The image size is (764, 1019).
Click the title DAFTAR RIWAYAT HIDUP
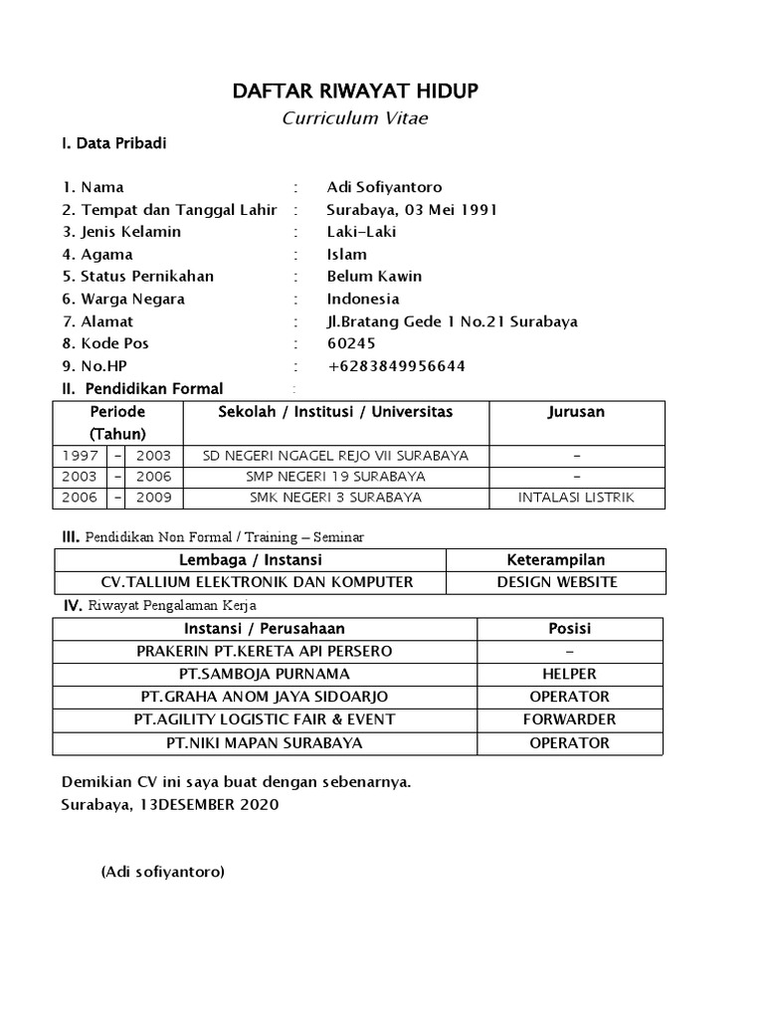point(355,92)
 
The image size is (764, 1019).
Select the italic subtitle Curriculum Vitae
point(355,118)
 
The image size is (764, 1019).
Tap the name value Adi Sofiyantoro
point(384,187)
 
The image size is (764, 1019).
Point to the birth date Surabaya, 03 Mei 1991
point(412,210)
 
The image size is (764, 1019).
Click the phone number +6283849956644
point(396,366)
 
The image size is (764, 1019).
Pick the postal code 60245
point(351,343)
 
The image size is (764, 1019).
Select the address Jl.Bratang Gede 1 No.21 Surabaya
point(452,321)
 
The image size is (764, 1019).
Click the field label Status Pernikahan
point(146,277)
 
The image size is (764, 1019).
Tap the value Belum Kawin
point(374,277)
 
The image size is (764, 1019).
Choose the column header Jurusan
point(576,412)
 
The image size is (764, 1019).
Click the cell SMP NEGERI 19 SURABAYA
point(335,477)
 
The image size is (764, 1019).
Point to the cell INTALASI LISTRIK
point(576,498)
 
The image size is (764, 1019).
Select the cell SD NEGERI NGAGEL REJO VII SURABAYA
point(335,456)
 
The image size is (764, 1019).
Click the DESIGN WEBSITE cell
point(556,582)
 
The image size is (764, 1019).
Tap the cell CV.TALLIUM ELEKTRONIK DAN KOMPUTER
point(258,582)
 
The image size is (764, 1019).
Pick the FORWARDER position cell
point(570,719)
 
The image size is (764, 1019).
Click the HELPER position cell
point(570,674)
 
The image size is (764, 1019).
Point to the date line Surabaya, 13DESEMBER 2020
point(170,804)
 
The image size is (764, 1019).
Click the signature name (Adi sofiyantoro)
point(163,873)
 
